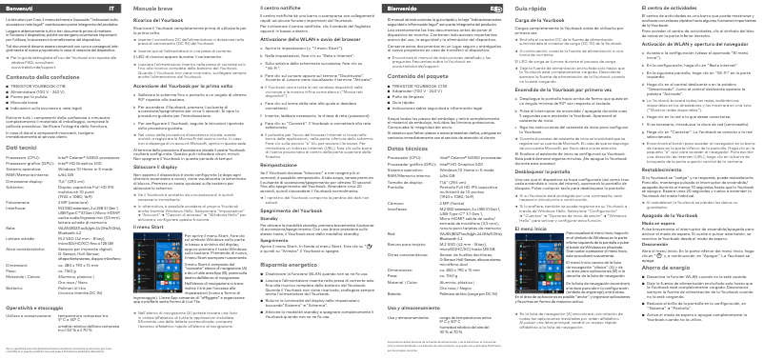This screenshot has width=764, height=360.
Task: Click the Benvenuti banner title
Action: (21, 8)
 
